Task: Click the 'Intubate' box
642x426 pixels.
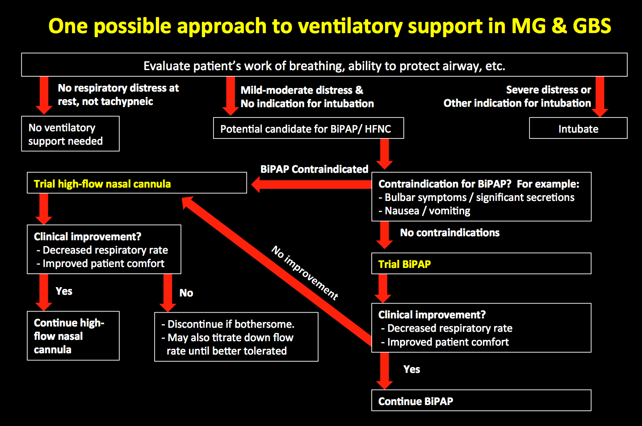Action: click(578, 129)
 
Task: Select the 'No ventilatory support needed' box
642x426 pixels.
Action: click(70, 134)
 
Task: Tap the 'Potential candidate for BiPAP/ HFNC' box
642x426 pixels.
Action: click(308, 129)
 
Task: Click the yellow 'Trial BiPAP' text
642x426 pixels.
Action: click(404, 264)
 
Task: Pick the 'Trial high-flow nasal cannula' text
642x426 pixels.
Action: click(102, 184)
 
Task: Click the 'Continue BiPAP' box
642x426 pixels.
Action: click(481, 401)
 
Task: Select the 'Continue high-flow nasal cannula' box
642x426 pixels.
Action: click(73, 336)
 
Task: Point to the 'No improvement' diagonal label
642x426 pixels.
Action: click(305, 273)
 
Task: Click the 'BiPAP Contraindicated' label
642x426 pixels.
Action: click(314, 169)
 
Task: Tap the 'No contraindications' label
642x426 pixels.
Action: click(449, 233)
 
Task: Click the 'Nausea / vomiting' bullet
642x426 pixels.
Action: click(427, 211)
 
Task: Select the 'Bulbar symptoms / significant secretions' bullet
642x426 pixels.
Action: click(479, 197)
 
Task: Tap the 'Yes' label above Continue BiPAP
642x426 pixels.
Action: click(411, 369)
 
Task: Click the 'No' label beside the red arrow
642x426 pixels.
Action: click(186, 293)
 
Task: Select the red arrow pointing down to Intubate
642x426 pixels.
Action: click(600, 96)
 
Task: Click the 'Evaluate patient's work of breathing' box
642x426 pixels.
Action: click(324, 65)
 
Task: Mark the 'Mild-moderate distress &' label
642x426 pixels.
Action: click(302, 90)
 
